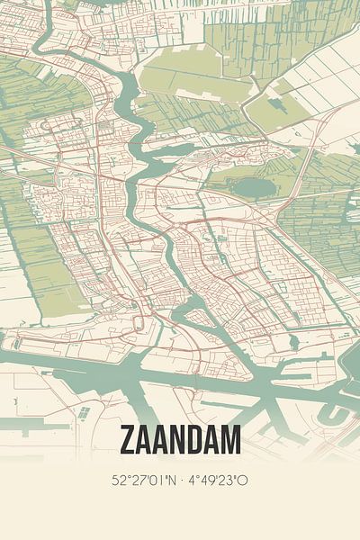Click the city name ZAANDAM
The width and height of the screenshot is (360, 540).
180,441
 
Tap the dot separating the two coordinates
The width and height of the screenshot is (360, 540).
183,481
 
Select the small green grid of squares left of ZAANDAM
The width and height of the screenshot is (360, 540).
84,412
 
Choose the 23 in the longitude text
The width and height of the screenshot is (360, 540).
231,481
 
